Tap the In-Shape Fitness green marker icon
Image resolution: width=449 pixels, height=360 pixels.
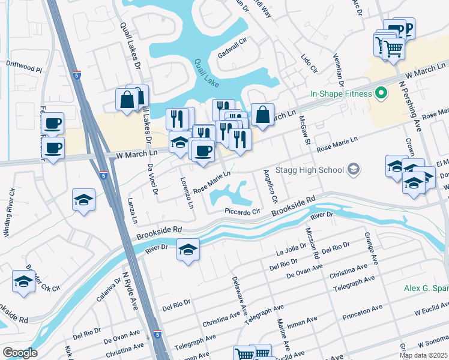379,94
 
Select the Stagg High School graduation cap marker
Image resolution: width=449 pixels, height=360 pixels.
354,169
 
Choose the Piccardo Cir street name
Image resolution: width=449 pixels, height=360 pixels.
242,211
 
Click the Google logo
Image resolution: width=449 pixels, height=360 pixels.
20,353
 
